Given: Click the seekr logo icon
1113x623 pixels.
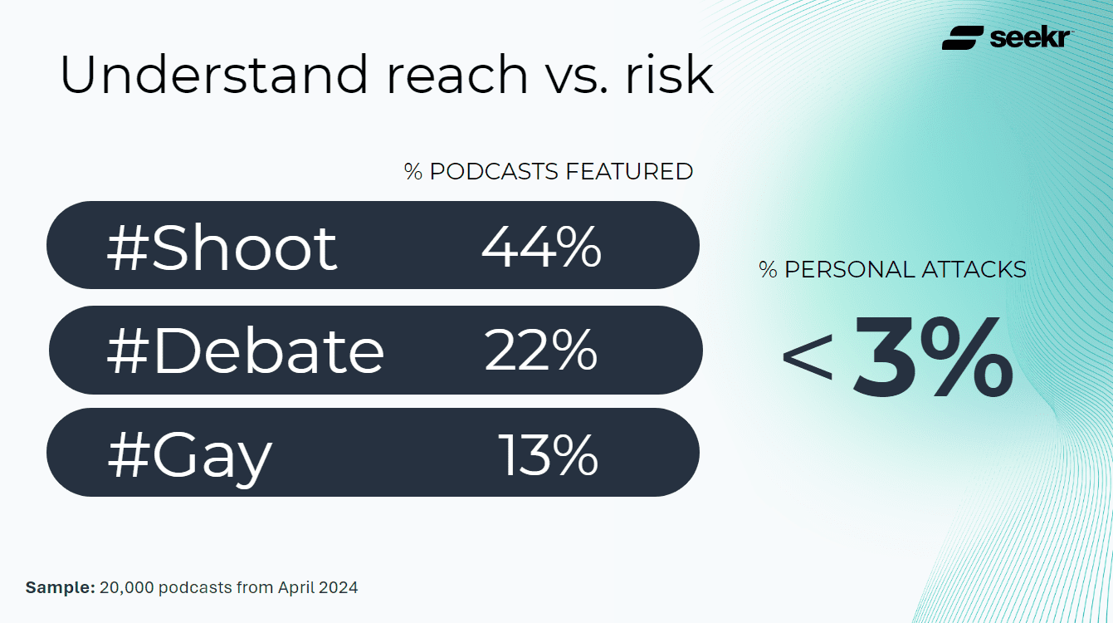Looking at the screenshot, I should [963, 37].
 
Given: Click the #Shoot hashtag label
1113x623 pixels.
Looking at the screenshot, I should [222, 248].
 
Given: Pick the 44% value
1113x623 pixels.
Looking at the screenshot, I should [541, 247].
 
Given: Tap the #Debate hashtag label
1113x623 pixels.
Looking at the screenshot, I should [246, 351].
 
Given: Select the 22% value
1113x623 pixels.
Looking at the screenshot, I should [541, 351].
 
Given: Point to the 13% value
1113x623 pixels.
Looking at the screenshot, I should [548, 454].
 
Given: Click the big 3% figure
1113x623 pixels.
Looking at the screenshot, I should [934, 358].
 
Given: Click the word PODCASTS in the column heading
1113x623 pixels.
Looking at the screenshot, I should [495, 171].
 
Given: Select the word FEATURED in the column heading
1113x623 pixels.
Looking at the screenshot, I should [629, 171].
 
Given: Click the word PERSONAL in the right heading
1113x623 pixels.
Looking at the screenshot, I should [851, 269].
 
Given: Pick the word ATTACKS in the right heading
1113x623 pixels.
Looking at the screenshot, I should [974, 269].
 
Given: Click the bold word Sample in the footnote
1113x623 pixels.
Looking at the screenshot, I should [60, 587].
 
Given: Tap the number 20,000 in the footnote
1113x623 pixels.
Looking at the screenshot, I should [126, 587].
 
